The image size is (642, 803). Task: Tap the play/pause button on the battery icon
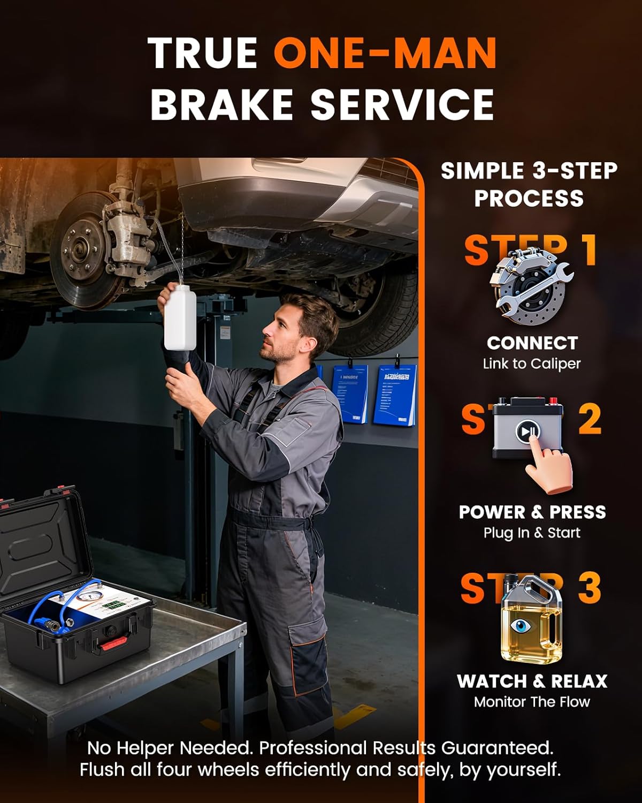point(527,431)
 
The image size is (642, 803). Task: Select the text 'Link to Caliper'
point(532,364)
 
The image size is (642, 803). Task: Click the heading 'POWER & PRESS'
point(532,512)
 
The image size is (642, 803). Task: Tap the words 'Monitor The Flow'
point(532,702)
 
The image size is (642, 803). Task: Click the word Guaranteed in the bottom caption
point(497,747)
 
